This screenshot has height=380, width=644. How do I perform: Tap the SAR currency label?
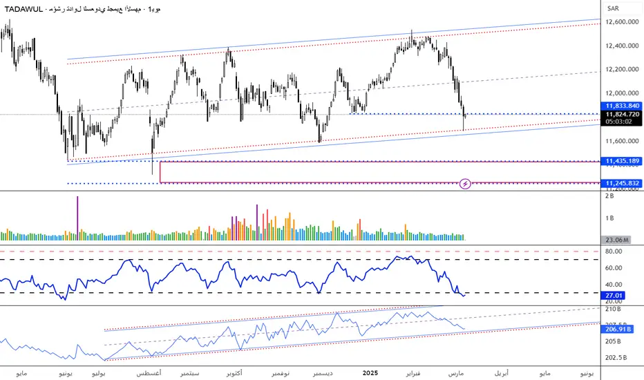[x=612, y=8]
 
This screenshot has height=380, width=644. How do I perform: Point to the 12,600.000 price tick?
[x=620, y=22]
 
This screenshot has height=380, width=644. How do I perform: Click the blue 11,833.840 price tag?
[x=621, y=106]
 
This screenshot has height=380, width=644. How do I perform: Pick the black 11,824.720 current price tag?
[x=621, y=114]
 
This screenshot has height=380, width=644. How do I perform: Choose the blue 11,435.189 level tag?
[x=621, y=161]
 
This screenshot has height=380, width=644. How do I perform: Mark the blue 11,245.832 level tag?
[x=621, y=182]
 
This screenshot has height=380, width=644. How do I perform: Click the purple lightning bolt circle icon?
[x=466, y=184]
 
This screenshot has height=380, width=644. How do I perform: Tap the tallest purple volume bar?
[x=77, y=218]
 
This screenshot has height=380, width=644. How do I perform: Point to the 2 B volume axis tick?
[x=609, y=197]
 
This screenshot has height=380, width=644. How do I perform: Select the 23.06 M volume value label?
[x=618, y=240]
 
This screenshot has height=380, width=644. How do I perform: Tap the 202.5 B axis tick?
[x=616, y=358]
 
